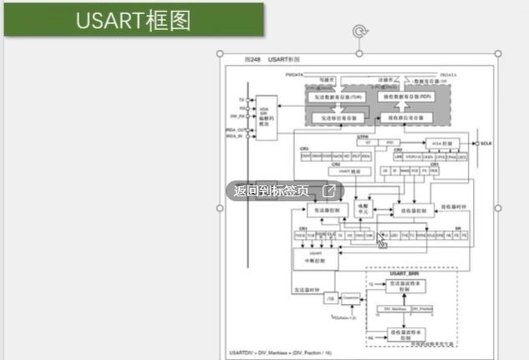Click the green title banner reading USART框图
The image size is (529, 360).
click(134, 20)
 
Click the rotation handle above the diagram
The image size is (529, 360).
click(360, 32)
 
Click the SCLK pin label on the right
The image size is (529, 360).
click(486, 144)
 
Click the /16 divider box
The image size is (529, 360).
click(331, 298)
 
